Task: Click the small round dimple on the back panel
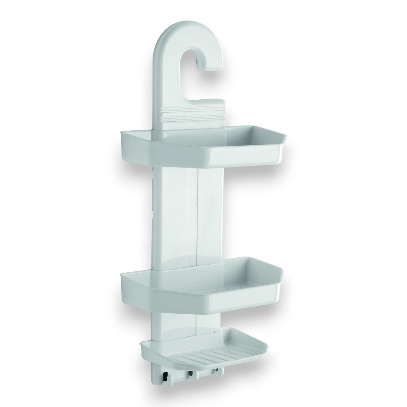click(x=193, y=200)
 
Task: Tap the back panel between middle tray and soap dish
click(x=187, y=322)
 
